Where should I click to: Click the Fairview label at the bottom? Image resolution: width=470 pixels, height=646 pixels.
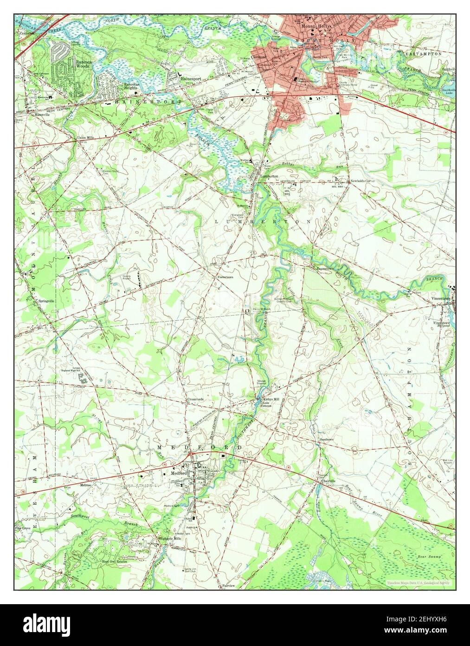(229, 586)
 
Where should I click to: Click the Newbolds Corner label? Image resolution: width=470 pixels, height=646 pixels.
(362, 181)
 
